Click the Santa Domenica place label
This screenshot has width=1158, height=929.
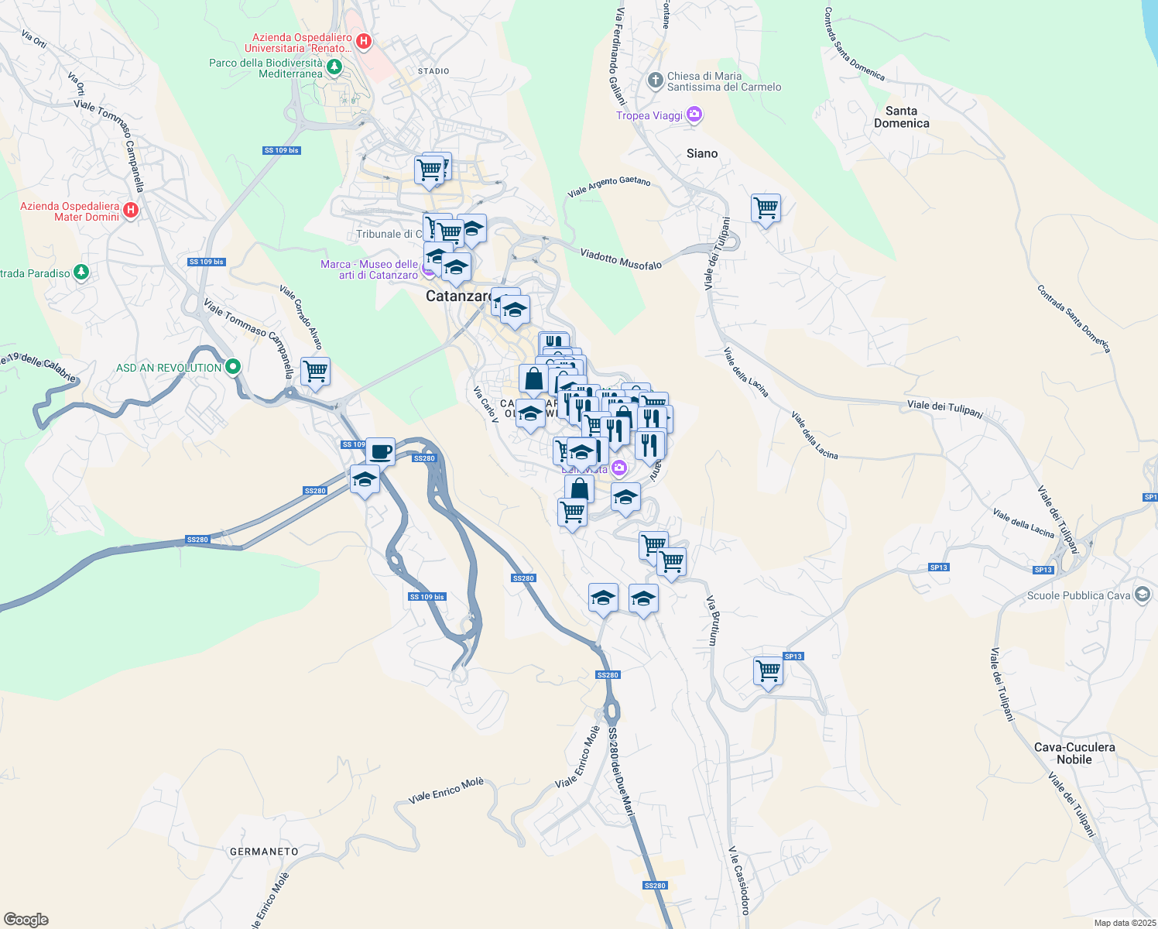(x=901, y=117)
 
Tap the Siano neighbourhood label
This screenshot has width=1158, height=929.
(x=702, y=153)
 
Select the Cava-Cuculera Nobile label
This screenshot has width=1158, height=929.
(x=1074, y=753)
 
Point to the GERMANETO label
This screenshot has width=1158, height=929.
(x=264, y=852)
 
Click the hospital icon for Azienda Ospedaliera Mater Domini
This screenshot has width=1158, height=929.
(x=131, y=210)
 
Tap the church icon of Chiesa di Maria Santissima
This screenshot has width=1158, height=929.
(x=655, y=80)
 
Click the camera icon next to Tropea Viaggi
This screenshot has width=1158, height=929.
(x=694, y=115)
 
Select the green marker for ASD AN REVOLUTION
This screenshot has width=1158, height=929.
(x=232, y=367)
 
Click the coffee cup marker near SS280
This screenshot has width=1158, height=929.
(x=380, y=451)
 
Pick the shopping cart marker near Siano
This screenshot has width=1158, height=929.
(x=766, y=207)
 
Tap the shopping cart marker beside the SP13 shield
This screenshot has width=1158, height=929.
(x=768, y=670)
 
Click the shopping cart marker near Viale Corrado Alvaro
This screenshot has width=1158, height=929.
(x=315, y=371)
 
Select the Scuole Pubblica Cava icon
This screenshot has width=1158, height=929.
(x=1143, y=595)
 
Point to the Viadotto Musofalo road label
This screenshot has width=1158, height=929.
(x=621, y=259)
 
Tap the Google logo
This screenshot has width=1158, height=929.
(x=26, y=920)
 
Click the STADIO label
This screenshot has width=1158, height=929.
(x=433, y=71)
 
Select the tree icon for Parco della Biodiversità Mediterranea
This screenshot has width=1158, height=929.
(x=334, y=67)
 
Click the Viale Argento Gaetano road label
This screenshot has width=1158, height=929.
(x=609, y=186)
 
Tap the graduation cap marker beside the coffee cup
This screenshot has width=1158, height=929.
(x=365, y=479)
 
